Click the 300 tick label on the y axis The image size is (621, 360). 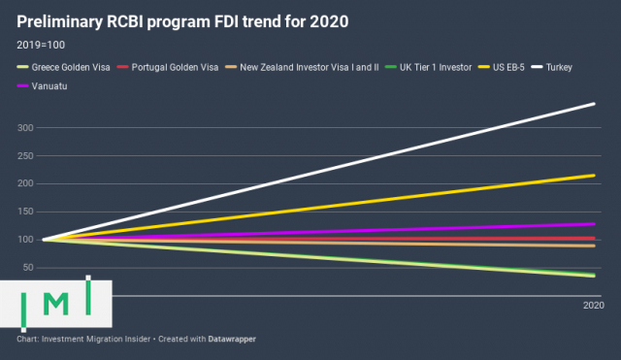[x=25, y=128]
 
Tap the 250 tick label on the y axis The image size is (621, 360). [x=25, y=156]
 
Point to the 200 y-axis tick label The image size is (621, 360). [x=25, y=183]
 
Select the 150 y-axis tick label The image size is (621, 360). [x=25, y=212]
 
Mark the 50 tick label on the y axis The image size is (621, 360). [x=28, y=267]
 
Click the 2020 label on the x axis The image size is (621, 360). [x=593, y=306]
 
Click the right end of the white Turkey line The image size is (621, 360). [x=594, y=104]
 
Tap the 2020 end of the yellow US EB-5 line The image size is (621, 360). [x=594, y=176]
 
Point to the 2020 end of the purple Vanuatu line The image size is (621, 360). [x=594, y=224]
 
